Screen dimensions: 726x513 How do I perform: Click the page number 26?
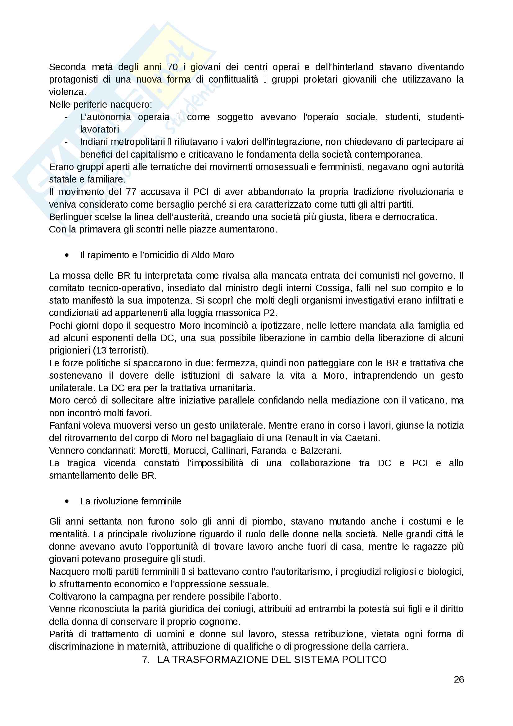coord(459,679)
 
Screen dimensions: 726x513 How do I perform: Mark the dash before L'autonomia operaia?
coord(66,117)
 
